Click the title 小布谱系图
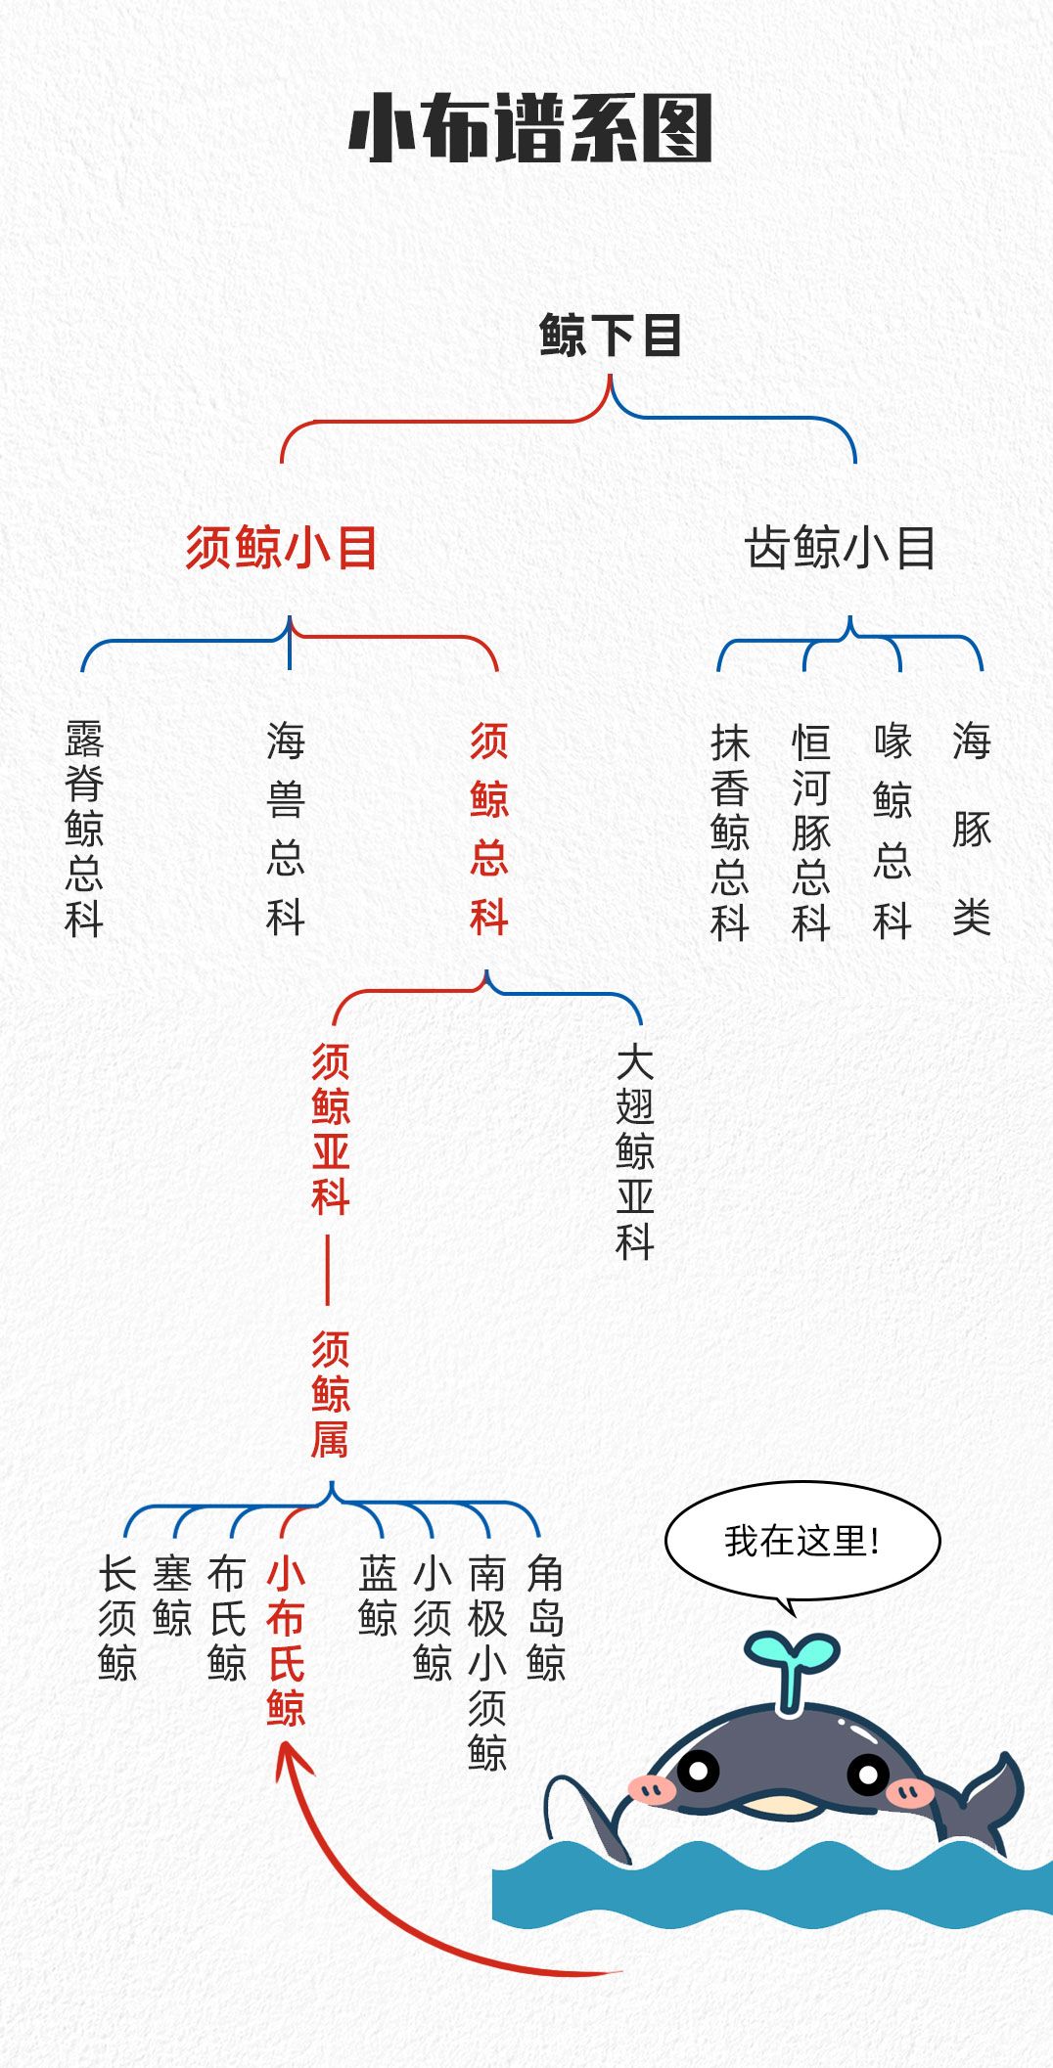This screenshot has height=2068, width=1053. (x=529, y=128)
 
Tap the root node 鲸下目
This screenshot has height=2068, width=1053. (x=610, y=336)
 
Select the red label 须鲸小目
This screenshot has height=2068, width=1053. (x=282, y=547)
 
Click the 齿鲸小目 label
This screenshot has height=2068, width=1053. (x=840, y=547)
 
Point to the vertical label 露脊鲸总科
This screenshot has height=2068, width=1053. (x=84, y=829)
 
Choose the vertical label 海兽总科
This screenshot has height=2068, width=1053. (x=286, y=829)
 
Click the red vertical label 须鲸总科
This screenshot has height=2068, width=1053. (x=488, y=829)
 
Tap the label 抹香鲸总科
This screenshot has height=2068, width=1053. (x=730, y=832)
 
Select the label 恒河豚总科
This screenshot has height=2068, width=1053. (x=811, y=832)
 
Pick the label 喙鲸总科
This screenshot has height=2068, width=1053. (x=893, y=832)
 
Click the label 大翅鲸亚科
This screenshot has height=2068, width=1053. (x=635, y=1151)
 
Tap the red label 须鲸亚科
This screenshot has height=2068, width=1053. (x=331, y=1129)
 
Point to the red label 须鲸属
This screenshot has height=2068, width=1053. (x=331, y=1394)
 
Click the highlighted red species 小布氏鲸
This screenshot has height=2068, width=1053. (x=286, y=1641)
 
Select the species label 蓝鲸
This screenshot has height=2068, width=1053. (x=378, y=1596)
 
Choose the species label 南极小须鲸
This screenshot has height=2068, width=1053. (x=486, y=1663)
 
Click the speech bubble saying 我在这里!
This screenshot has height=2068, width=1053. (x=802, y=1541)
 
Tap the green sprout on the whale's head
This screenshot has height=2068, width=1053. (x=791, y=1663)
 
